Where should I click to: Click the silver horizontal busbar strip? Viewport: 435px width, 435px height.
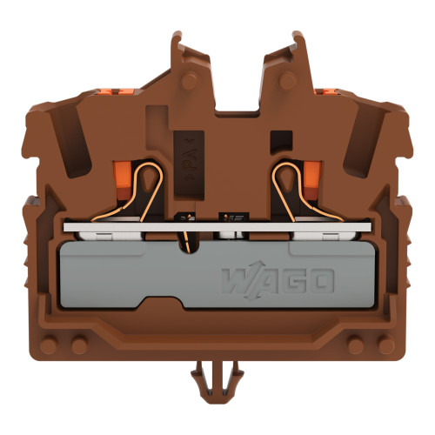[x=217, y=228]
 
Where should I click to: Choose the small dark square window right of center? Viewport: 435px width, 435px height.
[x=278, y=139]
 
